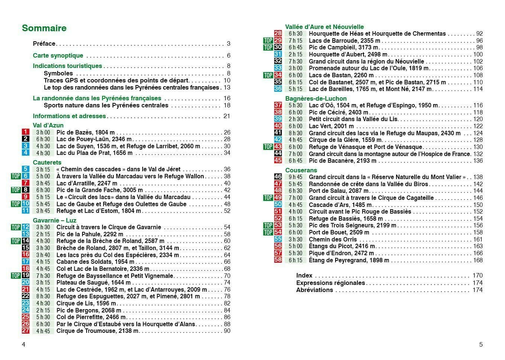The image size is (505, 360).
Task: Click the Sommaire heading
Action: [x=44, y=28]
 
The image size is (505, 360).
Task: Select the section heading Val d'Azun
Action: [x=48, y=125]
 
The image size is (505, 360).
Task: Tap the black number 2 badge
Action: [x=25, y=139]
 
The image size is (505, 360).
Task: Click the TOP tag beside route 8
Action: [x=16, y=190]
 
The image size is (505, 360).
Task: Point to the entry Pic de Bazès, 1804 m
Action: [x=85, y=132]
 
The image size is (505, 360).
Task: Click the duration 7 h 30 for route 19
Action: [x=43, y=276]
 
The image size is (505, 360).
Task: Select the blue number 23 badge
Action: [x=25, y=303]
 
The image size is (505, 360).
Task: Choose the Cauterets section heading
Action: [x=47, y=162]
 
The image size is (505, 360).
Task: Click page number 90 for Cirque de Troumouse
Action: [x=227, y=331]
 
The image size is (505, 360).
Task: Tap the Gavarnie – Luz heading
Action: [x=54, y=220]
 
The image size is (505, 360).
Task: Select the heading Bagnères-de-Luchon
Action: [x=316, y=98]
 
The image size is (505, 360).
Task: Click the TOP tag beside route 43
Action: [x=268, y=147]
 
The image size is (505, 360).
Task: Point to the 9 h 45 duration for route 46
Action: [x=295, y=177]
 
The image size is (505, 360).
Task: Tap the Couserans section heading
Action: [x=301, y=170]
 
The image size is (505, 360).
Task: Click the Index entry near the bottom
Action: [x=304, y=275]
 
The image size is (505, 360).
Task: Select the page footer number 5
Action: [x=481, y=344]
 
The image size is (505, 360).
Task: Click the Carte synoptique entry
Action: [x=58, y=55]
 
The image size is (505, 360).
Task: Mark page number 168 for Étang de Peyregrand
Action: [x=478, y=260]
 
